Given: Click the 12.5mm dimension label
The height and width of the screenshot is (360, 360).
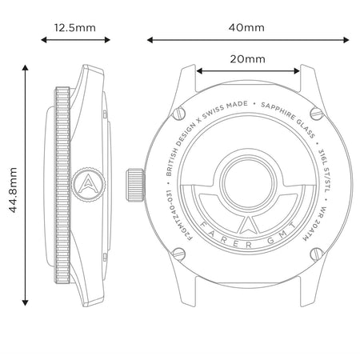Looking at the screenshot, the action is pos(75,28).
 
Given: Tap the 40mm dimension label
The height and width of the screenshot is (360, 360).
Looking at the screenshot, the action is pos(246,27).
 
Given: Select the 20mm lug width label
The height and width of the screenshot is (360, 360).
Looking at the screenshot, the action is pos(248,59).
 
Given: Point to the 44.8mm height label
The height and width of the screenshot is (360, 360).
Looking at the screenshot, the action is pos(13,190).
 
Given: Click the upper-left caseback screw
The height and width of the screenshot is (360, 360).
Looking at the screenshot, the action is pos(179,114).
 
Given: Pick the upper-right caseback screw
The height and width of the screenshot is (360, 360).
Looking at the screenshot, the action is pos(317,113).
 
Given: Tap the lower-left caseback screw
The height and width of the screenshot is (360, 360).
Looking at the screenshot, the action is pos(179,254).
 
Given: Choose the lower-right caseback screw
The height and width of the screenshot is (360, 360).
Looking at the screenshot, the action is pos(317,254).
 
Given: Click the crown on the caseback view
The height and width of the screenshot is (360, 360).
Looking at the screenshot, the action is pos(135,185).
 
